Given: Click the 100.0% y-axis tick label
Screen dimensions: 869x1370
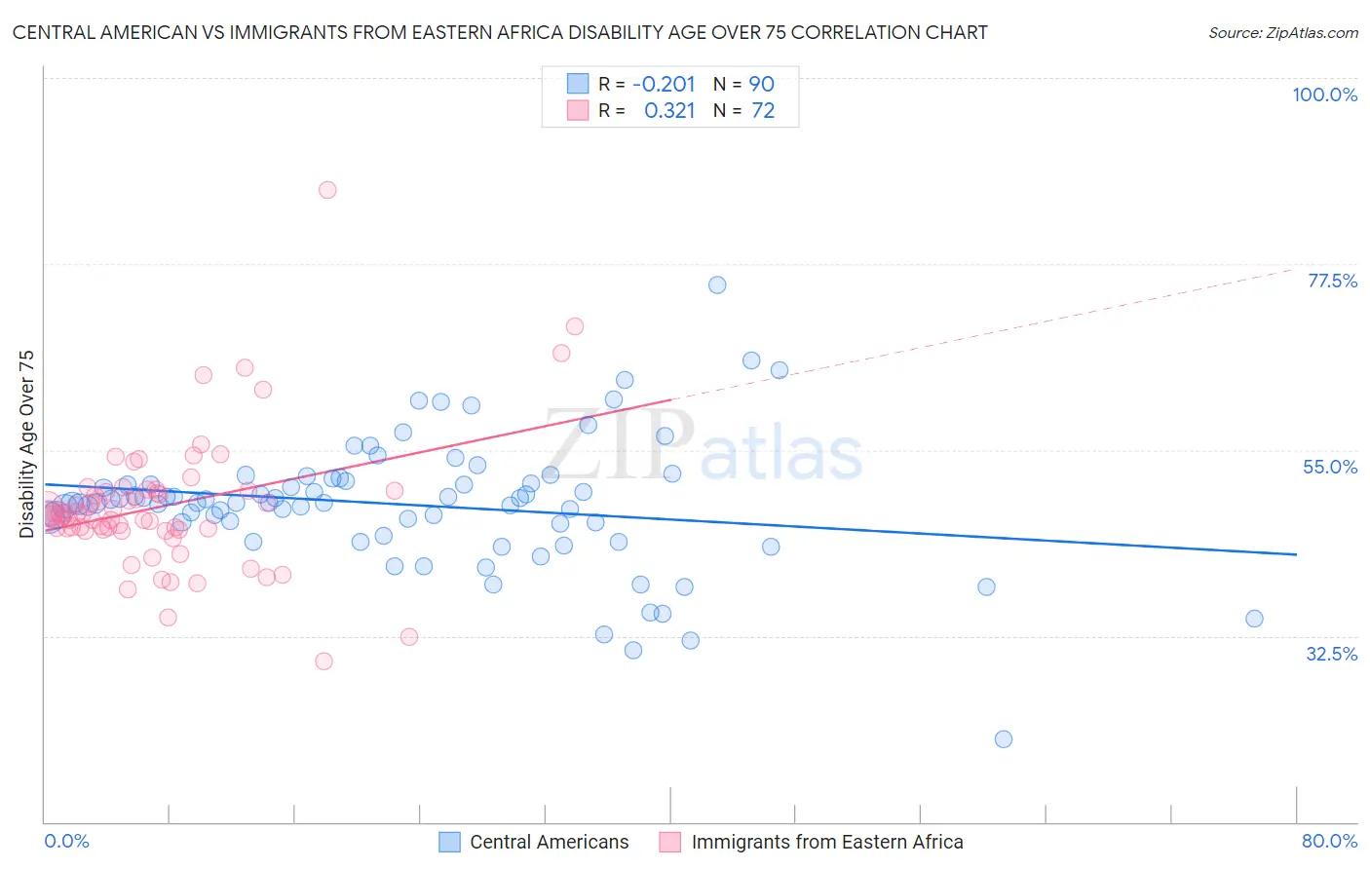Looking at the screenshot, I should coord(1324,94).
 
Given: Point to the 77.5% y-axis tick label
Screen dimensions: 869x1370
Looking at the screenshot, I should coord(1331,281).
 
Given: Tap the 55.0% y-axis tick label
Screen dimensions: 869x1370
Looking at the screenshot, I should coord(1329,467).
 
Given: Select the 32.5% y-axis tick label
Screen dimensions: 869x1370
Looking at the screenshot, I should coord(1331,654).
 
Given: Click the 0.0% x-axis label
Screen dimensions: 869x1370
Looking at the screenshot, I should coord(66,841).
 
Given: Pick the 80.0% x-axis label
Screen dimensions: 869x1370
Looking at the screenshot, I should coord(1329,841).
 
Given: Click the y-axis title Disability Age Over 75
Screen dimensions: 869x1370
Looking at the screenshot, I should coord(26,444).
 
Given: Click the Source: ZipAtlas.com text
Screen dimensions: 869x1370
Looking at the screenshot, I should coord(1282,32).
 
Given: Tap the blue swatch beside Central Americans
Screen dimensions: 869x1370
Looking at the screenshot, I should coord(449,842).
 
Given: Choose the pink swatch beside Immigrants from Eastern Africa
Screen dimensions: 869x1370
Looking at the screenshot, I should coord(669,842).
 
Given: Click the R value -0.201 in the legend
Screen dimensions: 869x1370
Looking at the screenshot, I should coord(664,84).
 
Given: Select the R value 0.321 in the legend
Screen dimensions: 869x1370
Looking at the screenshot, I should coord(669,111).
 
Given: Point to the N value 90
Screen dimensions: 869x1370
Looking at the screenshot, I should coord(761,84).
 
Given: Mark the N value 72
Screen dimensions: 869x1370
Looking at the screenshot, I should coord(763,111).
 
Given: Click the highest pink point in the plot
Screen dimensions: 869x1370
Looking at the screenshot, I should coord(327,190).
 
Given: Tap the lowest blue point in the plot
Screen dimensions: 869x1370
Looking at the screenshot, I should coord(1004,739).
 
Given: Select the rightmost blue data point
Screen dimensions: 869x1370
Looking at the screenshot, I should coord(1254,619).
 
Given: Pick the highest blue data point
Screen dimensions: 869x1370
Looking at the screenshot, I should coord(717,285).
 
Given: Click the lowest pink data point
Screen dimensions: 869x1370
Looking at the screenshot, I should coord(324,661).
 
